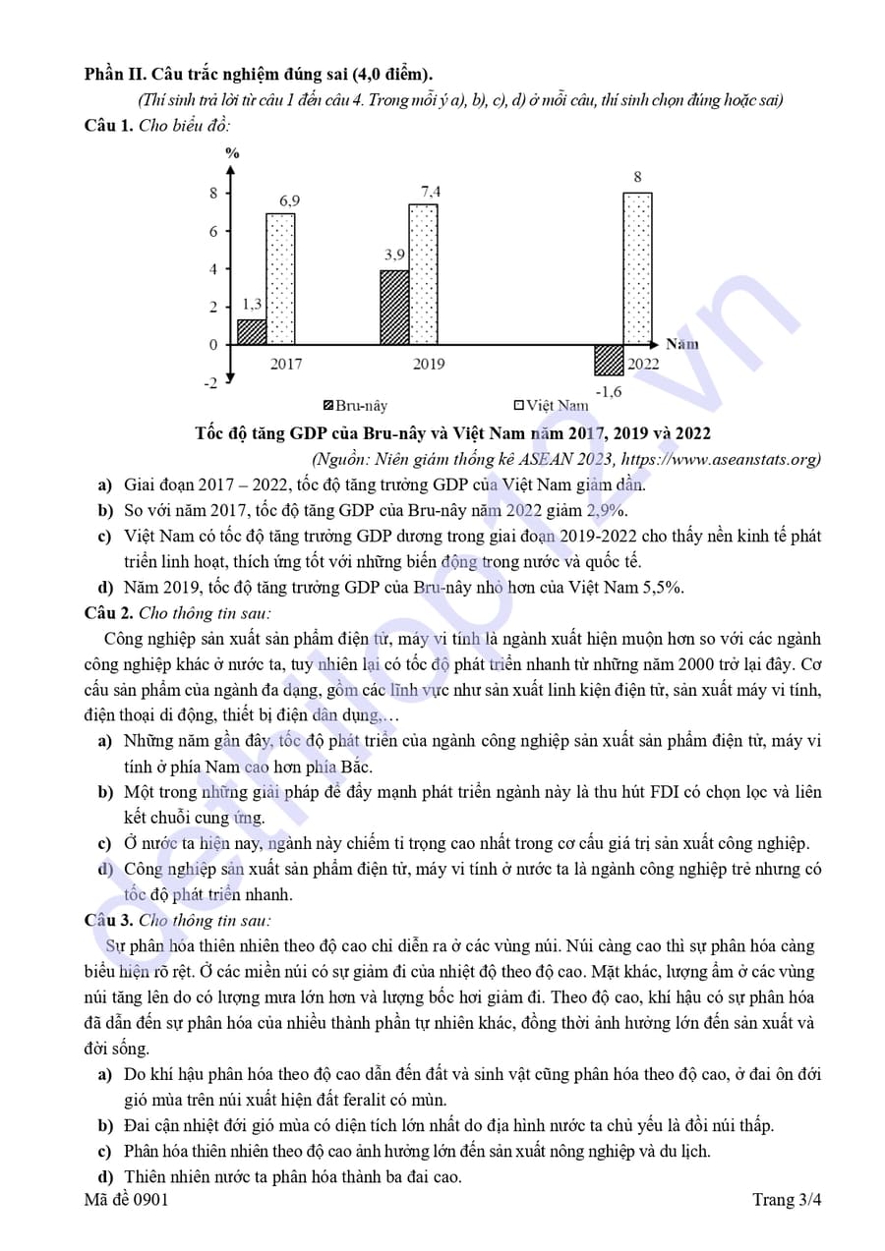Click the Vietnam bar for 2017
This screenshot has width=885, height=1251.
[x=280, y=279]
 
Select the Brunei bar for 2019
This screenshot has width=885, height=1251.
[x=394, y=307]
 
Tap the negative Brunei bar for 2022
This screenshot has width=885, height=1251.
[x=609, y=360]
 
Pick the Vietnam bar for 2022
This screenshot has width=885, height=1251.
[x=637, y=268]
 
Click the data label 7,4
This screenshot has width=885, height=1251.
[x=431, y=192]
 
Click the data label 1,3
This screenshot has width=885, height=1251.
[x=252, y=305]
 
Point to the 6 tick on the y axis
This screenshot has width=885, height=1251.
[x=212, y=231]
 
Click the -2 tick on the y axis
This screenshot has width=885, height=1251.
[x=210, y=383]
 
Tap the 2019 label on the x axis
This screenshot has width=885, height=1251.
[x=428, y=365]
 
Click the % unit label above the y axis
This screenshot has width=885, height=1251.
[x=232, y=153]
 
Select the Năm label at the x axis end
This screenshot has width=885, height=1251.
[x=682, y=344]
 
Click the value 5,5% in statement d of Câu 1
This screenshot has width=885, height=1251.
[x=660, y=588]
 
